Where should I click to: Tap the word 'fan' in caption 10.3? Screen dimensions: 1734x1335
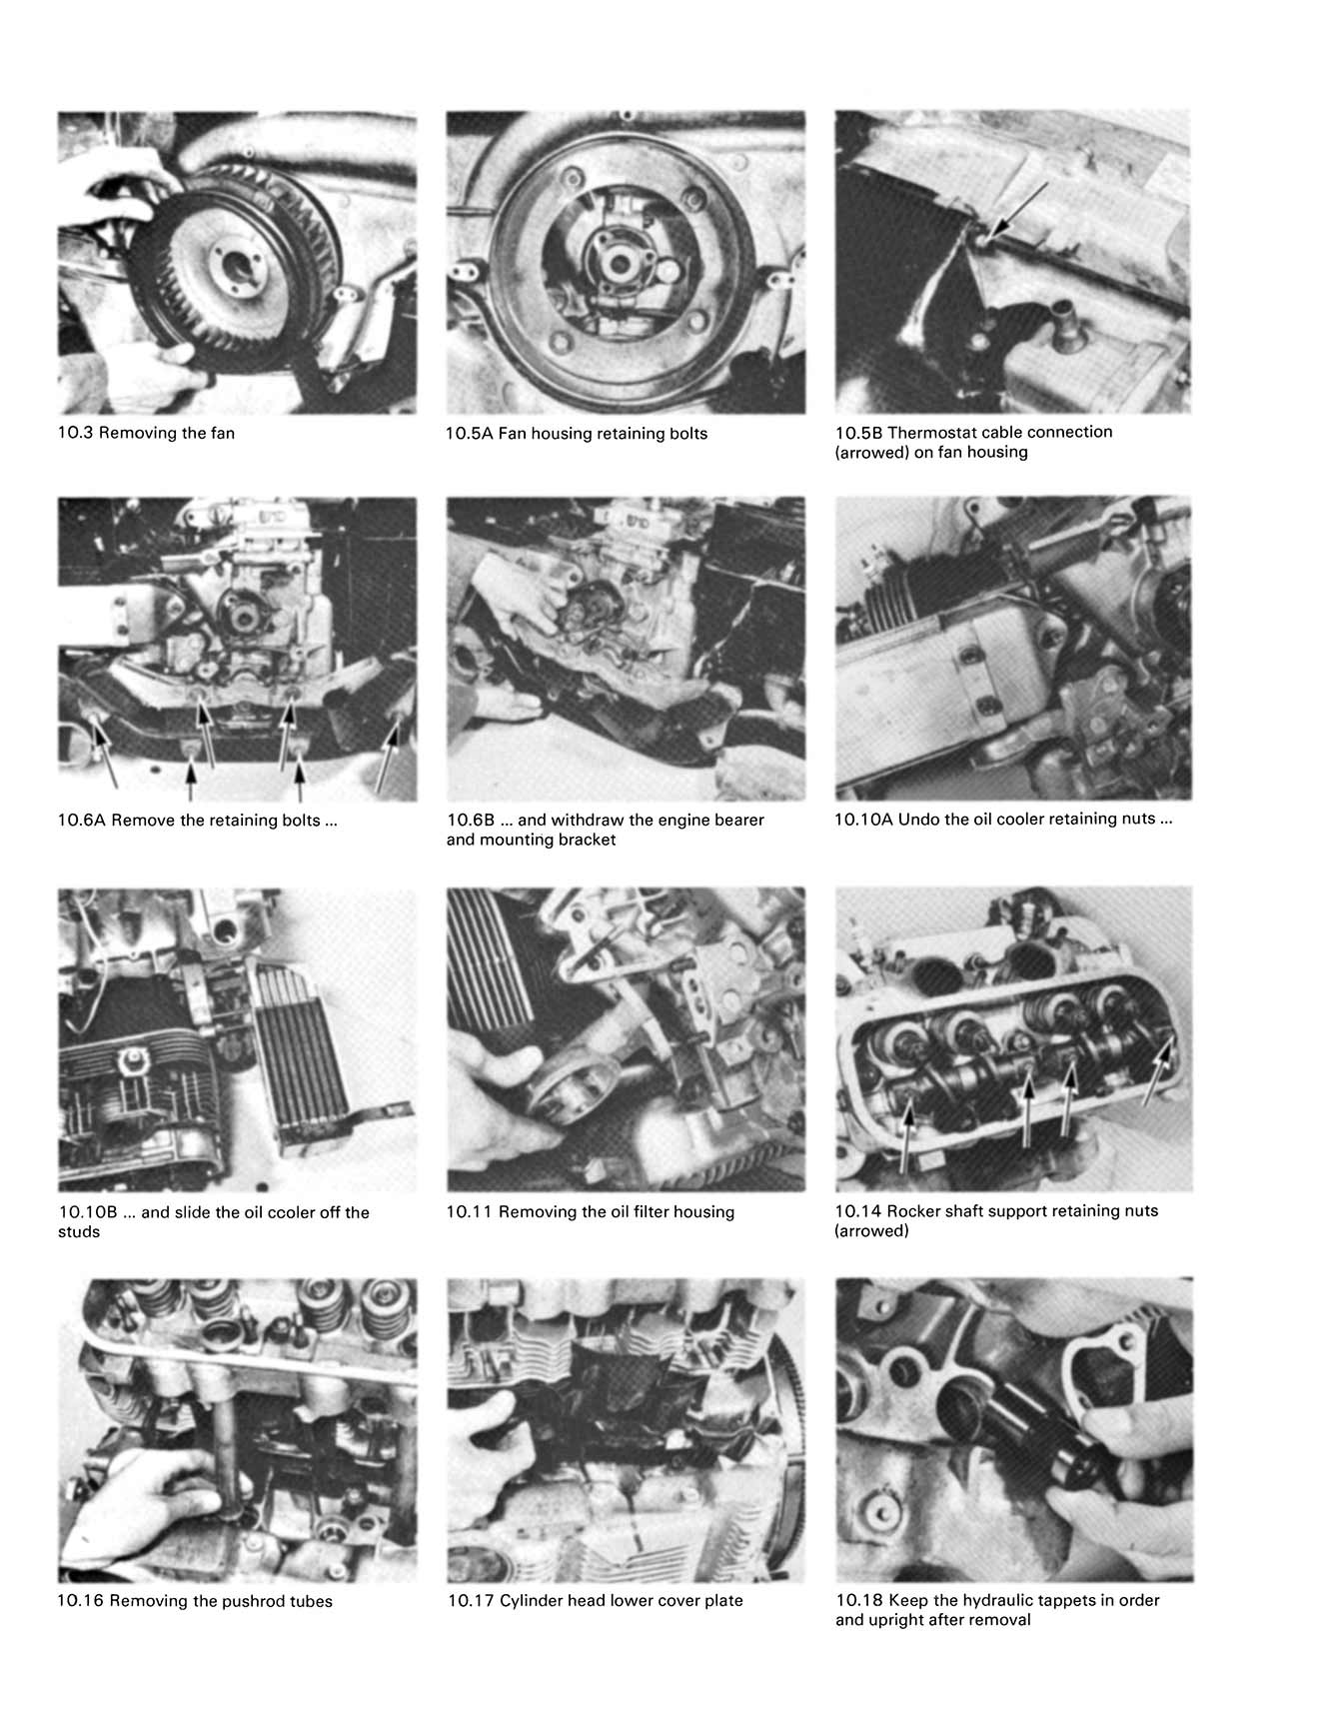click(221, 434)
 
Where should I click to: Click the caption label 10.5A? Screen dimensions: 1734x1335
click(470, 434)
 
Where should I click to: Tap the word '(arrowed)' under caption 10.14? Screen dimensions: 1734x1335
click(871, 1231)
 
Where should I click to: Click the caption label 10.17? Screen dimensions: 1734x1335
click(471, 1601)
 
